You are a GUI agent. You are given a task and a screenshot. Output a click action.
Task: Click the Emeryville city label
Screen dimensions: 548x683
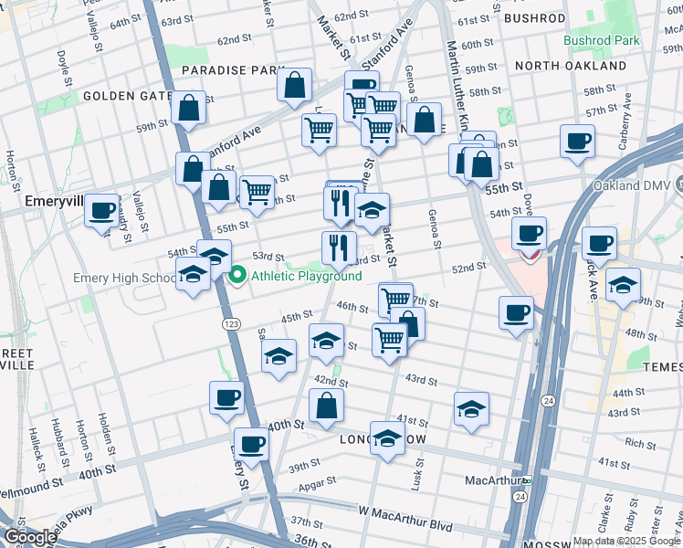pos(37,199)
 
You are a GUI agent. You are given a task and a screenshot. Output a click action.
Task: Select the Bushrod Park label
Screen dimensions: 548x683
pos(601,41)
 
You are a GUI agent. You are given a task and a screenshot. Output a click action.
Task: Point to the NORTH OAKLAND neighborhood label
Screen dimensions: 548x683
pos(570,67)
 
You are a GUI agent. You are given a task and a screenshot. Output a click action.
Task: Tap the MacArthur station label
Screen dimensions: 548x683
pos(492,479)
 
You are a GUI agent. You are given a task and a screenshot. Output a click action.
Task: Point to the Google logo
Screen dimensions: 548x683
pos(31,536)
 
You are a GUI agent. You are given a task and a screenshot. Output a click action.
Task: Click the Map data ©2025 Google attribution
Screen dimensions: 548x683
pos(625,541)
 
